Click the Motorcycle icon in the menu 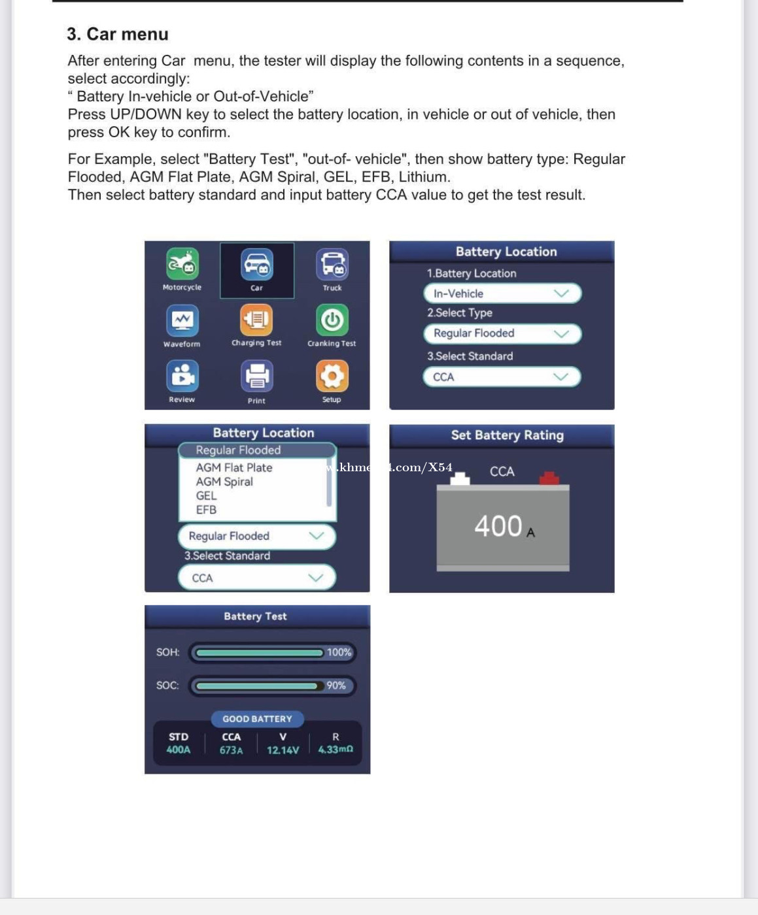(182, 264)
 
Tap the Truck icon (332, 264)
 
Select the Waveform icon (182, 320)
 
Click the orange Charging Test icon (256, 320)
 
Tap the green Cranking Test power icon (332, 320)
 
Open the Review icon (182, 376)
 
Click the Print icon (256, 376)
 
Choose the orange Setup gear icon (332, 376)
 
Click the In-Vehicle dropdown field (502, 293)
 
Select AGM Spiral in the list (224, 482)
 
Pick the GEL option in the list (206, 495)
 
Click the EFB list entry (206, 510)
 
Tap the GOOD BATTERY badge (257, 719)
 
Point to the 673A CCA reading (231, 750)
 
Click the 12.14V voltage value (283, 750)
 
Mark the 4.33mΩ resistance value (336, 750)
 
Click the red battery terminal (549, 478)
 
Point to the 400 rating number (498, 526)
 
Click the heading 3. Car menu (118, 34)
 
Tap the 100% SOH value (339, 652)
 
